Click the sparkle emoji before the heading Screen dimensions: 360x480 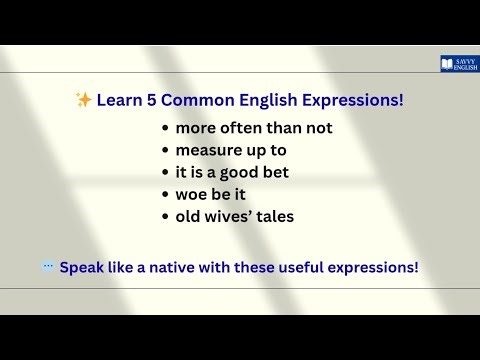84,100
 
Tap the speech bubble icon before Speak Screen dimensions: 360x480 47,267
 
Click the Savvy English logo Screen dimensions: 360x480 459,64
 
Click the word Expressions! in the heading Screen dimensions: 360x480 345,100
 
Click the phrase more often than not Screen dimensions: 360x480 254,128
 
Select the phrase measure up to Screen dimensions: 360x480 231,150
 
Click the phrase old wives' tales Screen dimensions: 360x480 235,216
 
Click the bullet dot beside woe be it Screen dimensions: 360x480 165,195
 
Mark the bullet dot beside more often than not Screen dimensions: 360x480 165,129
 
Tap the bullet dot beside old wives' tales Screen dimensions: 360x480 165,217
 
